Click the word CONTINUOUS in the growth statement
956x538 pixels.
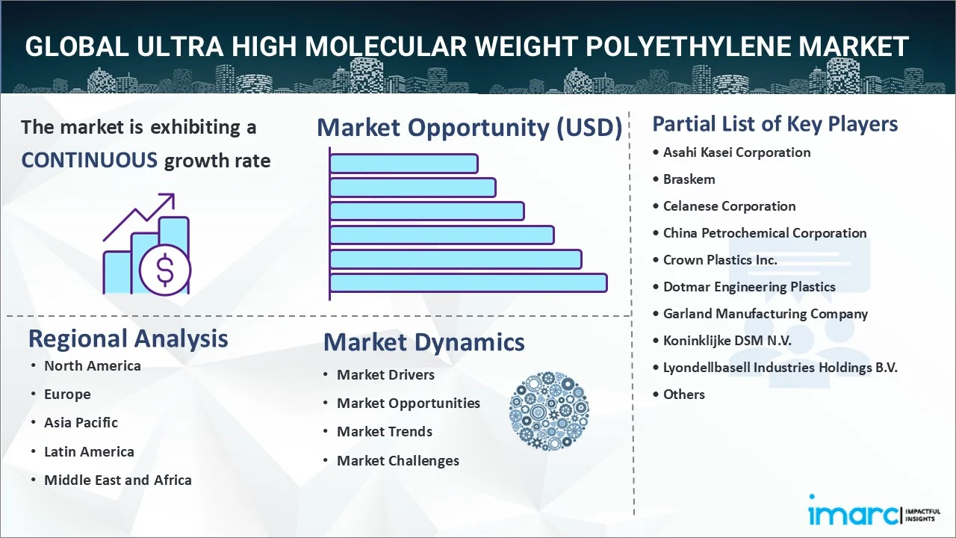click(x=89, y=161)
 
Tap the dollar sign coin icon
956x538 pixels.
click(x=165, y=270)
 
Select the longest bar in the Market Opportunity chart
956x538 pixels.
click(x=468, y=283)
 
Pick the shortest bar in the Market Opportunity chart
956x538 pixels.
click(x=404, y=164)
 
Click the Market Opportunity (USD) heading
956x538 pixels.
click(x=470, y=127)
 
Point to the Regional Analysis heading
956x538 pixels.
click(x=128, y=339)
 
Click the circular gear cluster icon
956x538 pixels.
click(x=549, y=411)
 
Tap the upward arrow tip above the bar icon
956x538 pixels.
click(x=173, y=195)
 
